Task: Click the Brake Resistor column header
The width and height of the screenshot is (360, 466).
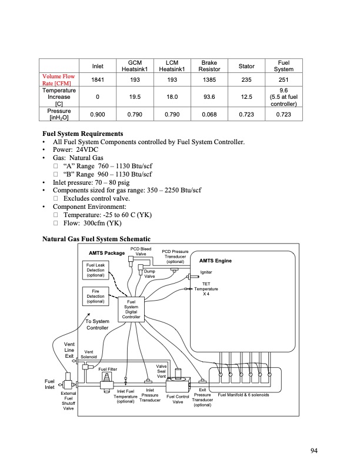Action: pos(209,65)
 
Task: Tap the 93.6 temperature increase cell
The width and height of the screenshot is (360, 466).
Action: pos(209,96)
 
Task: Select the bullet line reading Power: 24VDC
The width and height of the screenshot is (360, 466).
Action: pos(73,150)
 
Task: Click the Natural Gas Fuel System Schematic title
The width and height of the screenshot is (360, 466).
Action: pos(96,239)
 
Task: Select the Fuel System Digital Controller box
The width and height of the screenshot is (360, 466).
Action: pos(131,309)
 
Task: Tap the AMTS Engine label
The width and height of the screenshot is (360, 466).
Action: pos(216,260)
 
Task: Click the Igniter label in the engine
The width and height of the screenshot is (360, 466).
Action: pos(206,272)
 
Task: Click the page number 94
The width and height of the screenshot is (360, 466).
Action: pos(315,451)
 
